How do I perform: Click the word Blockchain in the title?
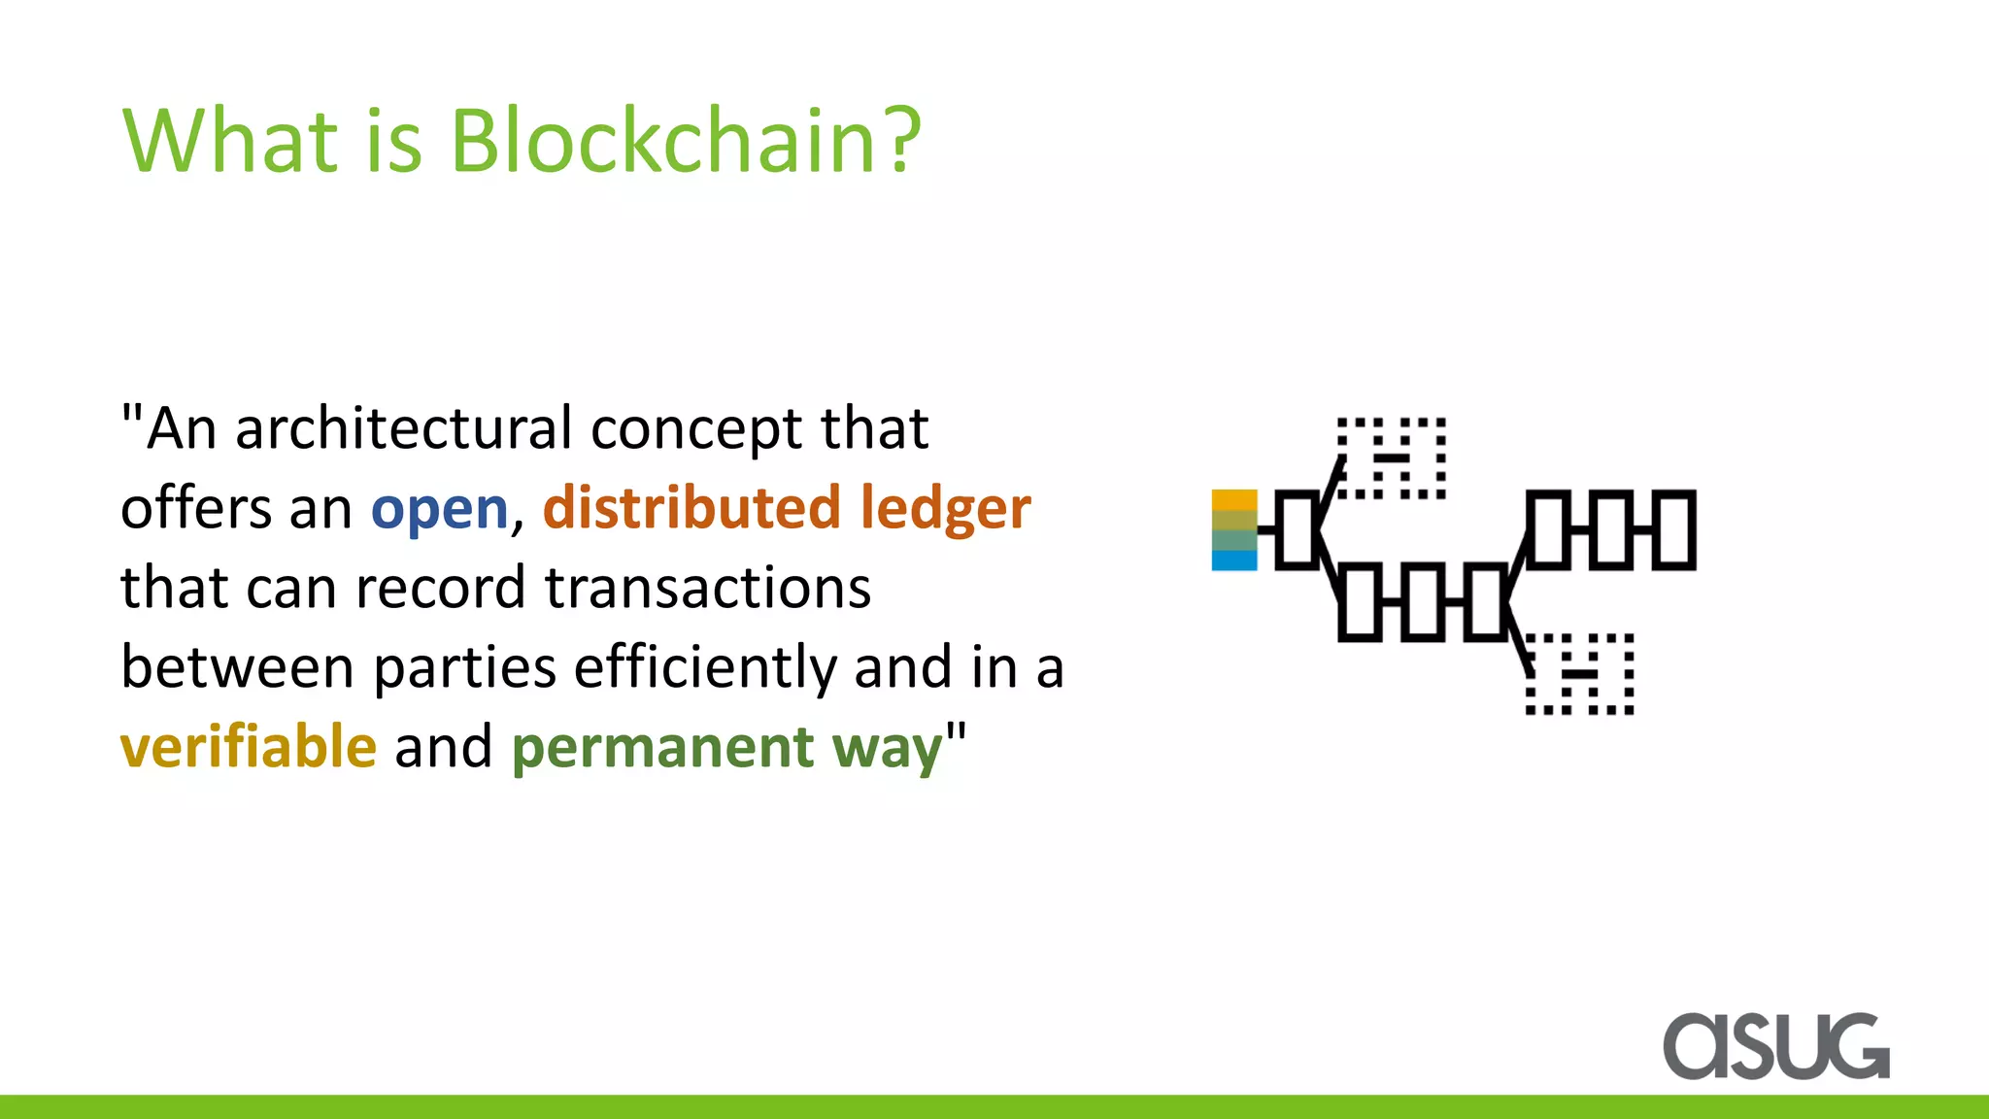(x=664, y=141)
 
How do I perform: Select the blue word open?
(x=439, y=510)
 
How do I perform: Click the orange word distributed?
(x=691, y=508)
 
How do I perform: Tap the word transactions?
(x=707, y=588)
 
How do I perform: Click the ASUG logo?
(x=1776, y=1046)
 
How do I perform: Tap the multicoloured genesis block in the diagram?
(x=1234, y=530)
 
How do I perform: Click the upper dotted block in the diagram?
(x=1392, y=458)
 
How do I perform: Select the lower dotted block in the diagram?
(x=1580, y=674)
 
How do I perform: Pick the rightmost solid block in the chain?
(x=1673, y=529)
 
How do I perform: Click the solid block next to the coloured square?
(x=1298, y=529)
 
